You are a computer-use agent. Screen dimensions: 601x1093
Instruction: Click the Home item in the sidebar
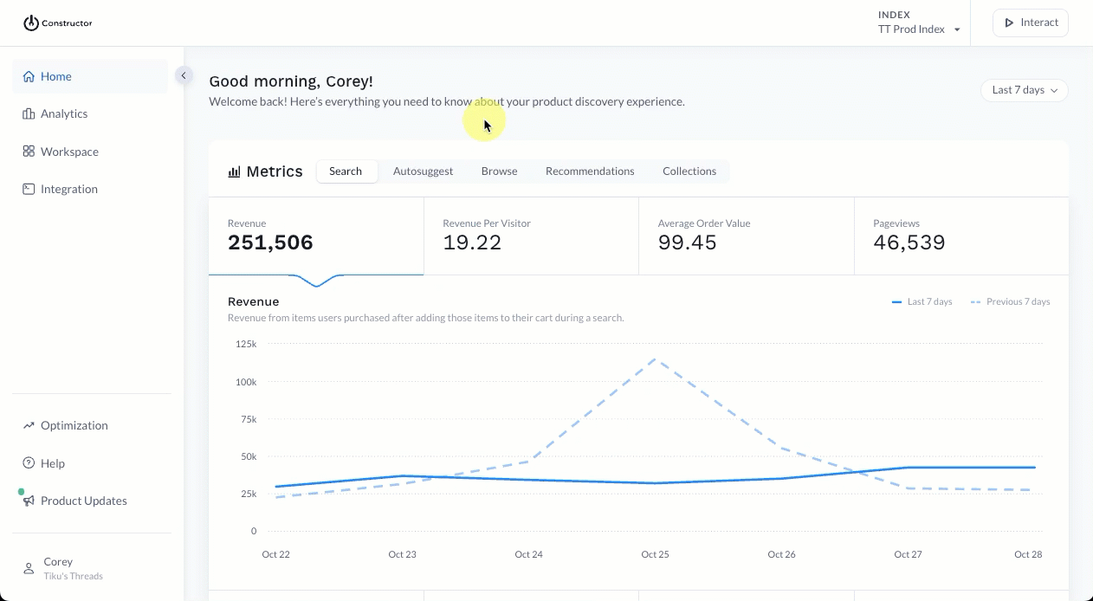pos(55,76)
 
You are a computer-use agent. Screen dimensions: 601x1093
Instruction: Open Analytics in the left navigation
pos(63,113)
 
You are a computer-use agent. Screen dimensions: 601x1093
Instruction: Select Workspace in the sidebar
pos(68,152)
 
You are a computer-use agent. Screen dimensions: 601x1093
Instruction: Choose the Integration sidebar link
pos(68,189)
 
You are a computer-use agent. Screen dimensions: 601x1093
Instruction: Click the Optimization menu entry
pos(74,425)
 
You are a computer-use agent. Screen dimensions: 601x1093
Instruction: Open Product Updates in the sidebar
pos(83,501)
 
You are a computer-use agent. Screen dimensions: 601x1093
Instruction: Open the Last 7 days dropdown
pos(1024,90)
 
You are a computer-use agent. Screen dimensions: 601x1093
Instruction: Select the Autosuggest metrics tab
pos(423,171)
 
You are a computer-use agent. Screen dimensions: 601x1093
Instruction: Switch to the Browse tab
pos(499,171)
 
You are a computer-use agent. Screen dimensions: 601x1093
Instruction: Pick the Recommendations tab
pos(590,171)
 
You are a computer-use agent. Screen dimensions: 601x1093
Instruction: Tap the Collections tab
pos(689,171)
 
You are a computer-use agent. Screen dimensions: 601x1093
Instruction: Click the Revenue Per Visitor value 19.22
pos(472,242)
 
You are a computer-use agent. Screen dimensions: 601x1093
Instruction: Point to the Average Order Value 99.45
pos(687,242)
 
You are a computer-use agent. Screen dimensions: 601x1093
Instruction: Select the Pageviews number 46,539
pos(909,242)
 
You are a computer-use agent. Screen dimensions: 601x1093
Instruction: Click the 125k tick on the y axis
pos(246,344)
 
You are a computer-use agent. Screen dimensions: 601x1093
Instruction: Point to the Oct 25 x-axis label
pos(655,554)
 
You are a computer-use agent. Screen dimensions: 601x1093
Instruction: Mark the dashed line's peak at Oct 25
pos(655,359)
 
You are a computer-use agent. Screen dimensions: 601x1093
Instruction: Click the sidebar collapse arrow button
pos(183,75)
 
